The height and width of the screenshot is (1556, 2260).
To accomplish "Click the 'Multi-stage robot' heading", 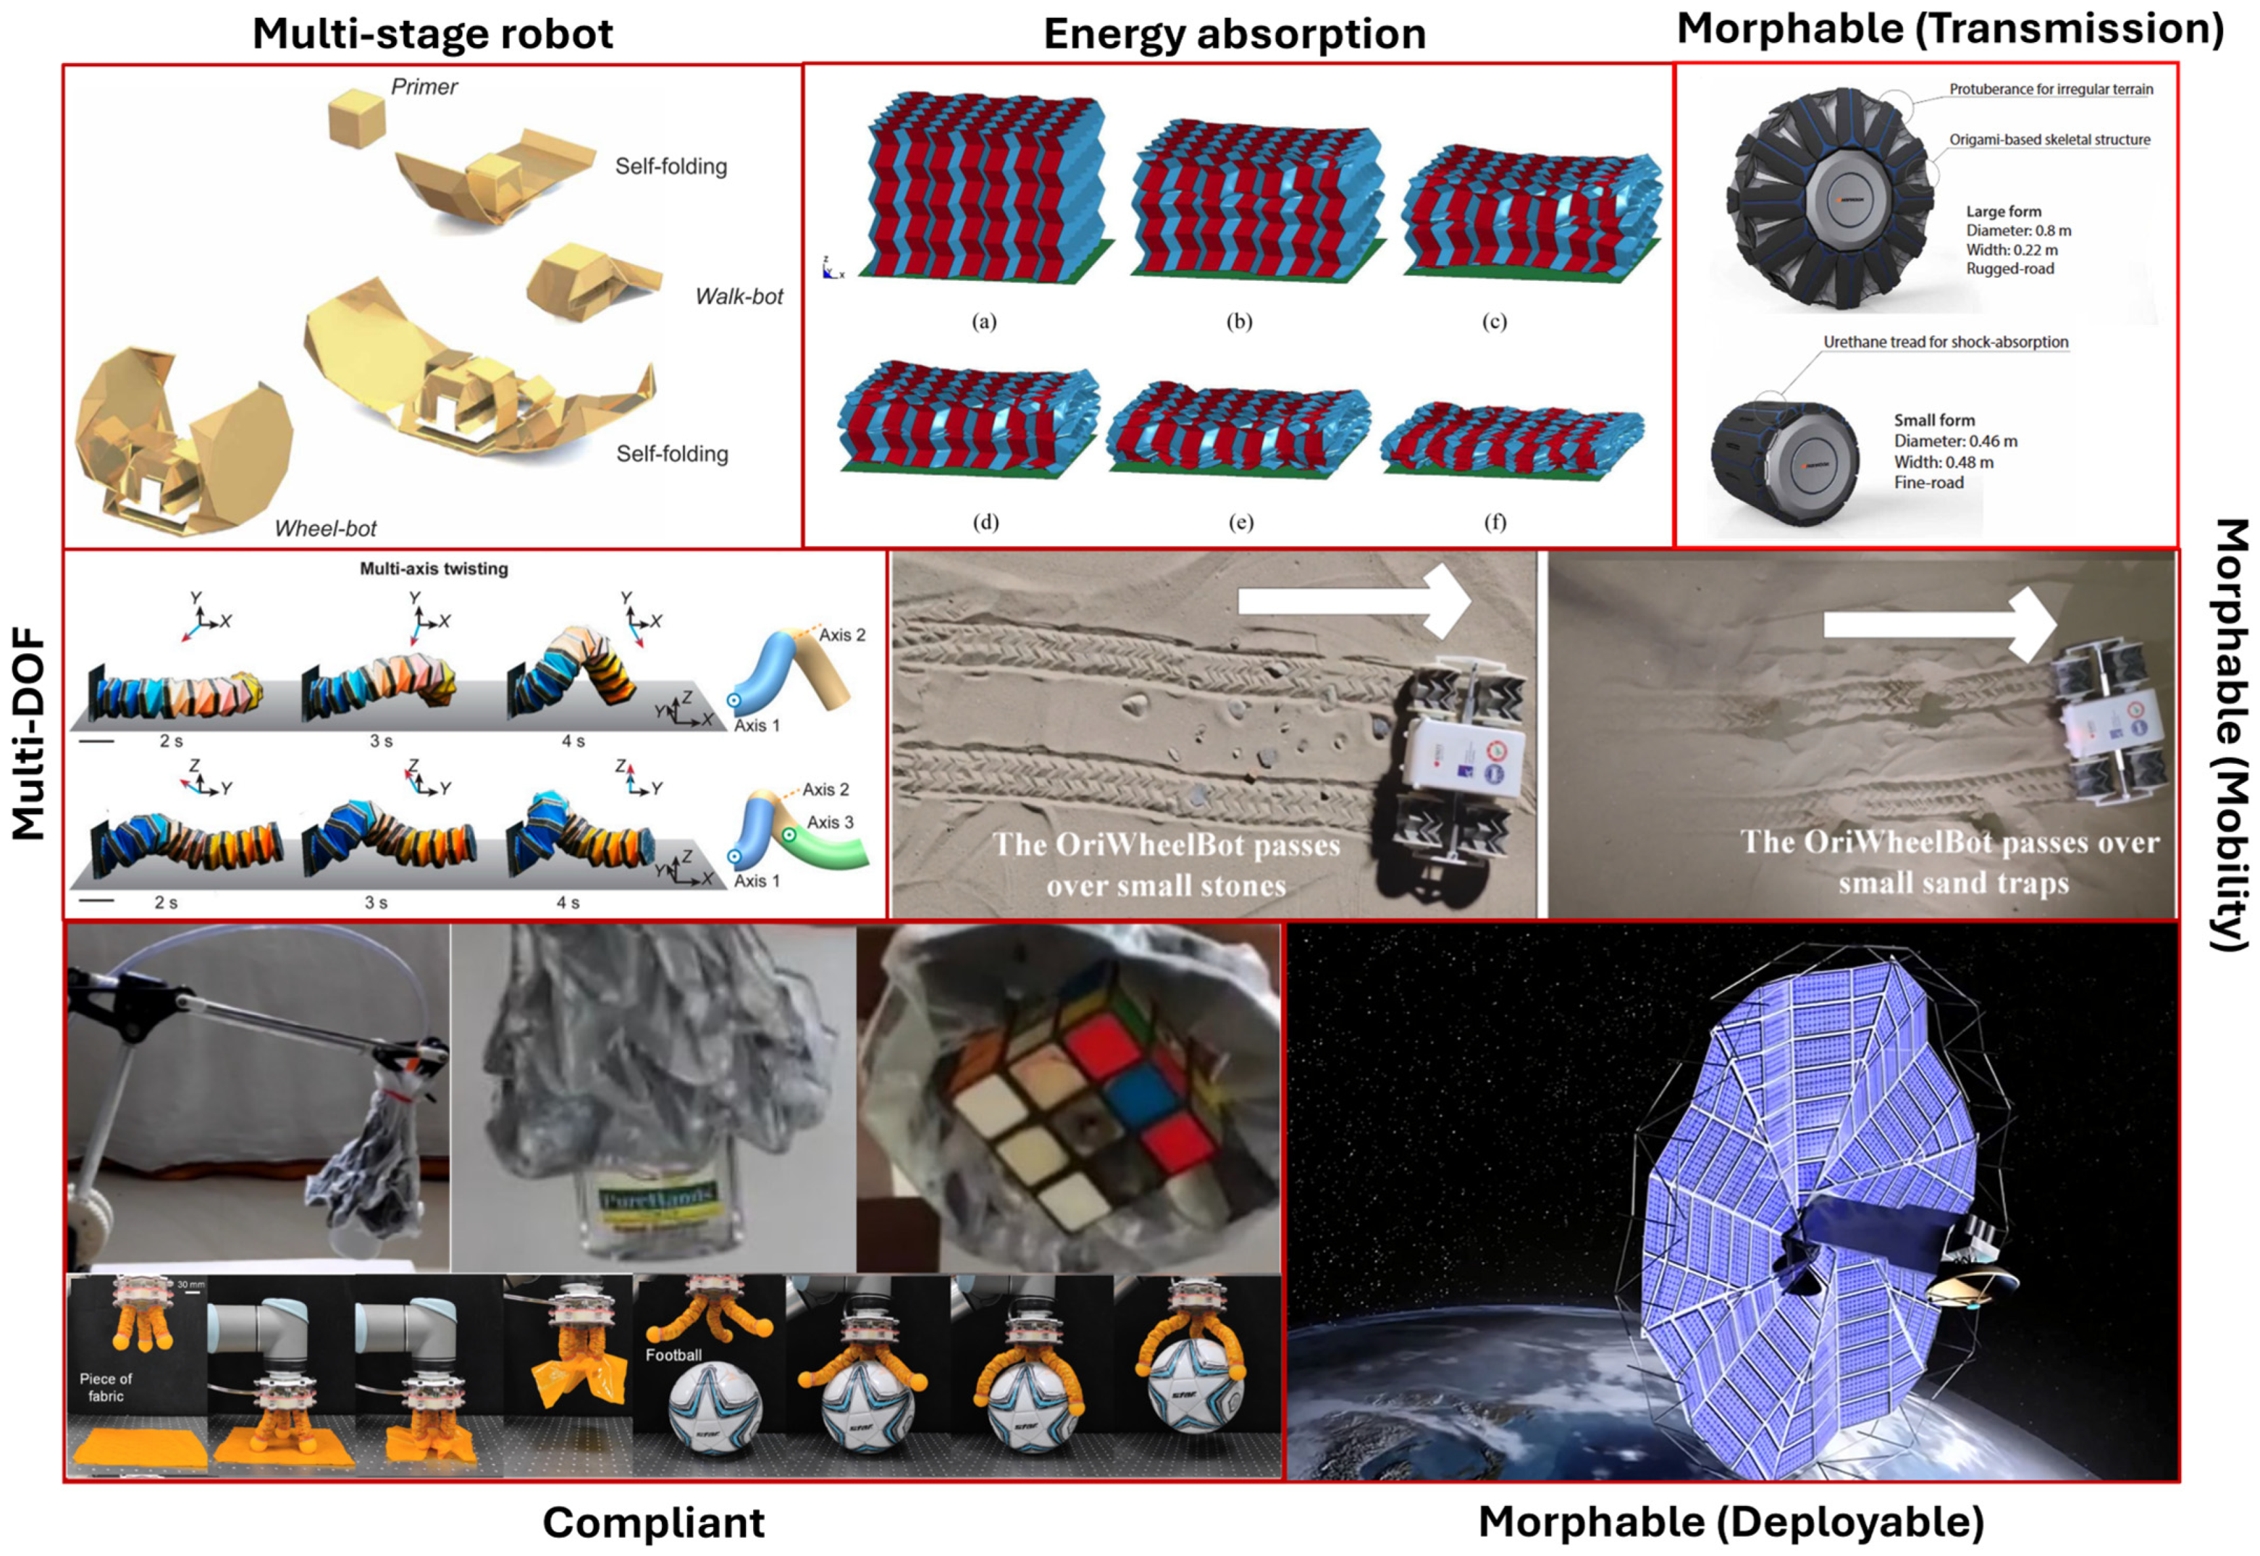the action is [x=433, y=33].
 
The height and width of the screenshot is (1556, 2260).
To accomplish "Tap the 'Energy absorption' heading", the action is [x=1234, y=33].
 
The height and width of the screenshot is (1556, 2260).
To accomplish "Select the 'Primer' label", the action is [x=424, y=87].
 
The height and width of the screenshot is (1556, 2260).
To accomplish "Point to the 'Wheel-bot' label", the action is [x=325, y=528].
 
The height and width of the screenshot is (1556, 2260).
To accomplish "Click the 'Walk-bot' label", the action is [x=739, y=297].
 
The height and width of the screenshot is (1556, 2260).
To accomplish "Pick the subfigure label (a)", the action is [x=984, y=322].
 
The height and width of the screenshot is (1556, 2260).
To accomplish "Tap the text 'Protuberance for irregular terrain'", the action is [x=2051, y=89].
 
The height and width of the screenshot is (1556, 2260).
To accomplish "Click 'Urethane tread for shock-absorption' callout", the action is [x=1945, y=342].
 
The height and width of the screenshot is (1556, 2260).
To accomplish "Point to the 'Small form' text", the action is [x=1933, y=420].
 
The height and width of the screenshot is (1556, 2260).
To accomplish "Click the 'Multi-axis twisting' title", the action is [x=434, y=568].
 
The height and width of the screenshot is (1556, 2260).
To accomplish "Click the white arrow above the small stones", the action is [x=1355, y=602].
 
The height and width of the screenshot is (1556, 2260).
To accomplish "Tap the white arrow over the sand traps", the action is [x=1939, y=624].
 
